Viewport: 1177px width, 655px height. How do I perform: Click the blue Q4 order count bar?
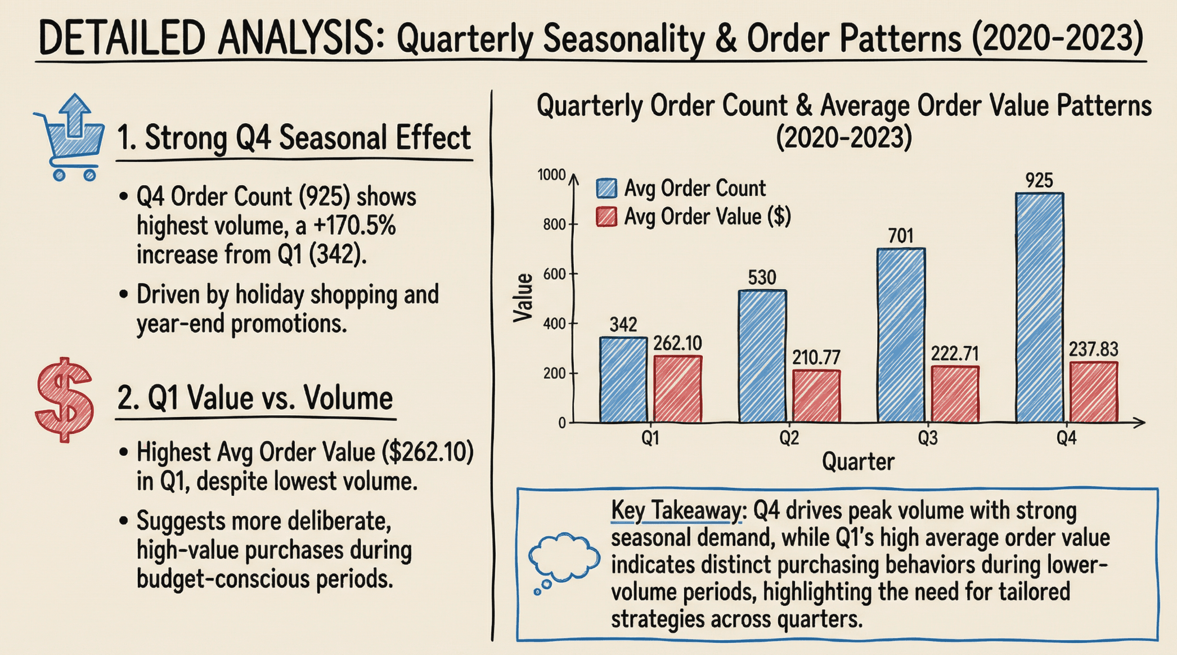pyautogui.click(x=1039, y=308)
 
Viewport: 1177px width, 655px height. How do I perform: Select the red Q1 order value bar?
pyautogui.click(x=677, y=389)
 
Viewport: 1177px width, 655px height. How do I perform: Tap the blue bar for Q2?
pyautogui.click(x=762, y=356)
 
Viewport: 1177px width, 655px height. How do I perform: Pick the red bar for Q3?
pyautogui.click(x=955, y=394)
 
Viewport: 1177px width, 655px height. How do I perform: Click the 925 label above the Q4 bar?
pyautogui.click(x=1039, y=181)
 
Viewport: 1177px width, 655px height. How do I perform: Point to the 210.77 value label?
pyautogui.click(x=816, y=357)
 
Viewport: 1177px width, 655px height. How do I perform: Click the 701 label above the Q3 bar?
pyautogui.click(x=901, y=236)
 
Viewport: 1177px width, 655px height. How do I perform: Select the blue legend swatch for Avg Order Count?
pyautogui.click(x=607, y=188)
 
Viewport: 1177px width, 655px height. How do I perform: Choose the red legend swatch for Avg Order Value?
pyautogui.click(x=607, y=217)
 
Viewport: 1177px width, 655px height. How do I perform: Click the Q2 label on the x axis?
pyautogui.click(x=789, y=438)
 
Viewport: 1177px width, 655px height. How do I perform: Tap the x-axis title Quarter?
pyautogui.click(x=857, y=462)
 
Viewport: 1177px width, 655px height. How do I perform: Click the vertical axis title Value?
pyautogui.click(x=523, y=298)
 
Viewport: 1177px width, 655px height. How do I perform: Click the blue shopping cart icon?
pyautogui.click(x=70, y=138)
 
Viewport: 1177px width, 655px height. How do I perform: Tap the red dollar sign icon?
pyautogui.click(x=64, y=399)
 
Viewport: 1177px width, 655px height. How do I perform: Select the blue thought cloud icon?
pyautogui.click(x=563, y=560)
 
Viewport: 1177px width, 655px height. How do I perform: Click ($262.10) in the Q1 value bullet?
pyautogui.click(x=427, y=452)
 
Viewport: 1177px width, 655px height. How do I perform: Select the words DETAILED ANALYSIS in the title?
pyautogui.click(x=206, y=38)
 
